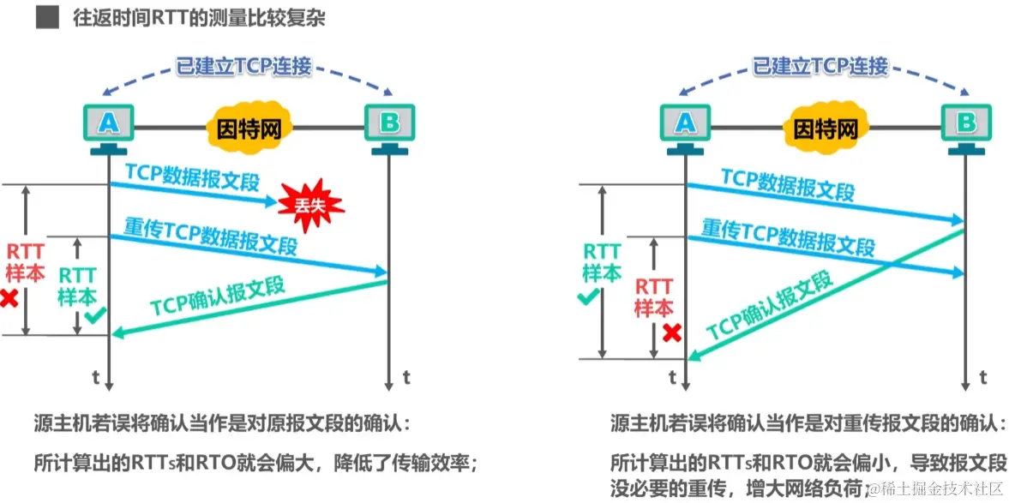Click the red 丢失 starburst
point(310,203)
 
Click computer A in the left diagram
point(108,124)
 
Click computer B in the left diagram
point(389,124)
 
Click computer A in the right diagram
point(685,124)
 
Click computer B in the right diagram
point(966,124)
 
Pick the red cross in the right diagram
point(671,332)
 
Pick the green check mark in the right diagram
point(587,297)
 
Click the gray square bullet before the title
point(47,18)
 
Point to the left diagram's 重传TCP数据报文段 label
point(211,237)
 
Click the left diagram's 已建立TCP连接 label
point(243,66)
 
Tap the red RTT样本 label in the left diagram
point(25,261)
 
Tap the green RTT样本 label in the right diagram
point(602,261)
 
